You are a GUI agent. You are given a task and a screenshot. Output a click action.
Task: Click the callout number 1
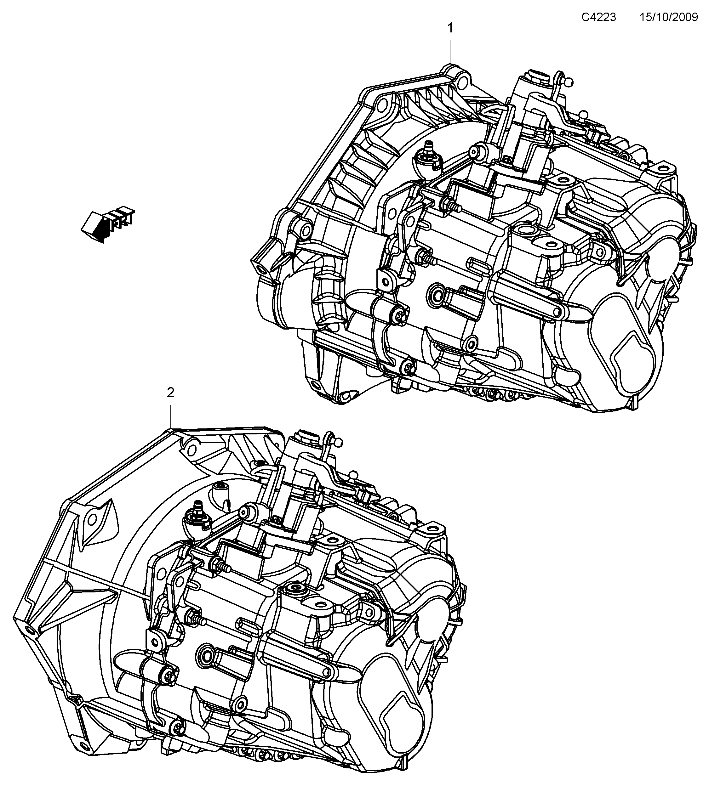point(450,28)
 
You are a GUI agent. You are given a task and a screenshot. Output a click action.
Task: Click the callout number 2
point(170,393)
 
